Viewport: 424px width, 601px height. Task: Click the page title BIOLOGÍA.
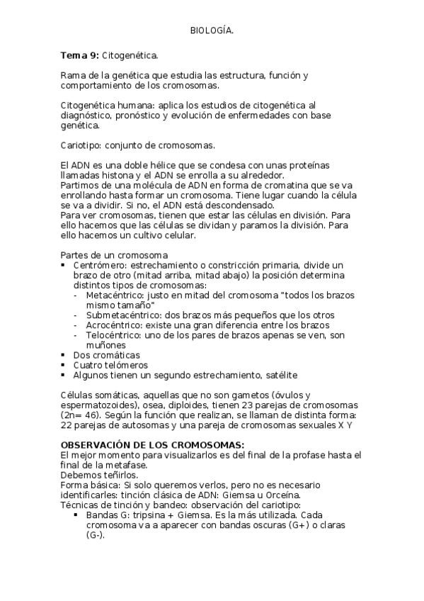[212, 31]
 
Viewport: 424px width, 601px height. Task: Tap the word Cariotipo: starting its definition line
[81, 145]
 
